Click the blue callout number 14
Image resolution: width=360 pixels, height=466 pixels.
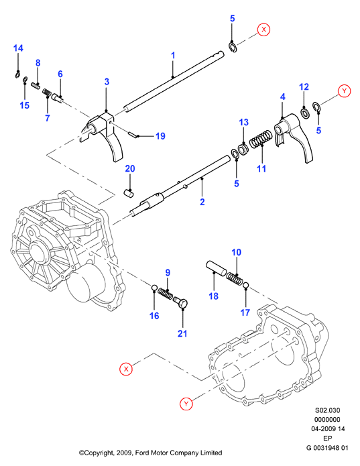point(18,48)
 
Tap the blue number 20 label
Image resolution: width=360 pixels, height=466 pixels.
point(130,168)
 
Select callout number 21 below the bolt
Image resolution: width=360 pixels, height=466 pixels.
point(182,333)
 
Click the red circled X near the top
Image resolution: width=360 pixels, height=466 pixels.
point(263,30)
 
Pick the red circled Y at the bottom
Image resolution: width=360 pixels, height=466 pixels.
point(186,404)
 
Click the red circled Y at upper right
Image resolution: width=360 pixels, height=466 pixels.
point(345,91)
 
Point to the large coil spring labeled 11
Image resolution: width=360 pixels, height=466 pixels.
point(261,139)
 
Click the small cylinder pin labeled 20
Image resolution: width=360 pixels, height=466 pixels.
point(129,192)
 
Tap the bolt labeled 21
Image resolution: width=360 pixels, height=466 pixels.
point(180,302)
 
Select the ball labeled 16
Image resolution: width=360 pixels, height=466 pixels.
point(154,288)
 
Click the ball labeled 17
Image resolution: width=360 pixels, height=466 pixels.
point(245,286)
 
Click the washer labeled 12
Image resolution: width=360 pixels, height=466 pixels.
point(305,113)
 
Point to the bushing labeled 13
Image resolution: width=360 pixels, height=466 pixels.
point(243,149)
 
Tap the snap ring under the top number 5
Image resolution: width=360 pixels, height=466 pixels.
point(233,47)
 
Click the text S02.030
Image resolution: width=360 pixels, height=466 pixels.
point(327,410)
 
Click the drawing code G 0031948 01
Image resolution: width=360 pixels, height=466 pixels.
point(327,448)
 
